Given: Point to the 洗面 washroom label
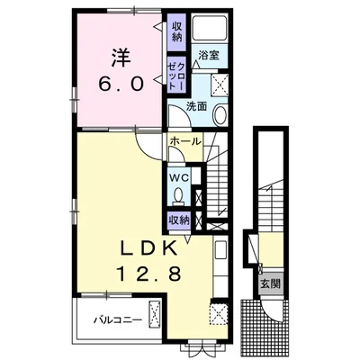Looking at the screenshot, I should [x=197, y=105].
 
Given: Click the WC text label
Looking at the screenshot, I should [x=178, y=177].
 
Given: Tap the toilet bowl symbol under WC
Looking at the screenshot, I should [x=178, y=194].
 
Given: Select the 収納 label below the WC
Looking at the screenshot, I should [x=178, y=220].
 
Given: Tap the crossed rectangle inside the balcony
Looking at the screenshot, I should [x=156, y=318].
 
